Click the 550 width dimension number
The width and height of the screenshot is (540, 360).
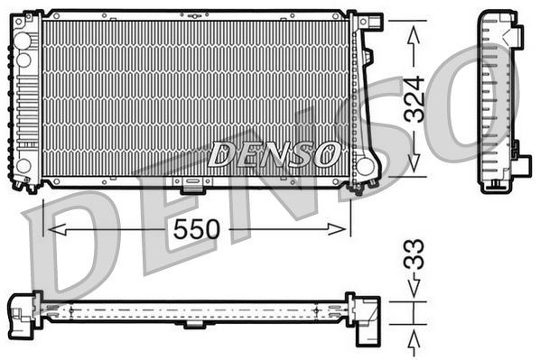pyautogui.click(x=198, y=229)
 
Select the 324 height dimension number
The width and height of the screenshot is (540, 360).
pyautogui.click(x=414, y=99)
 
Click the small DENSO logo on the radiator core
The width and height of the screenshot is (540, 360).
pyautogui.click(x=274, y=154)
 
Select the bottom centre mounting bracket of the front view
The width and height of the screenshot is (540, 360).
pyautogui.click(x=191, y=187)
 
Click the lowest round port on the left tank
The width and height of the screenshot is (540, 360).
pyautogui.click(x=24, y=166)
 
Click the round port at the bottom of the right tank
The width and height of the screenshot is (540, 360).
pyautogui.click(x=366, y=166)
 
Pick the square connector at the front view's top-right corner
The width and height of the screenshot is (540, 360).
pyautogui.click(x=370, y=23)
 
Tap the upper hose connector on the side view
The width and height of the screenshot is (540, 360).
pyautogui.click(x=515, y=36)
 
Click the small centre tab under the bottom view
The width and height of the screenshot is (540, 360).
pyautogui.click(x=193, y=324)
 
